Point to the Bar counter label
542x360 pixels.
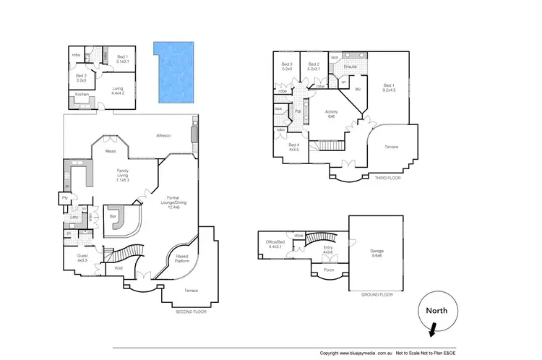click(113, 215)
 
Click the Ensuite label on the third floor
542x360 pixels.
click(351, 67)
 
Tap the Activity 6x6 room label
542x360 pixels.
click(332, 114)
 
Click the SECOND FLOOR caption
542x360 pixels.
click(192, 312)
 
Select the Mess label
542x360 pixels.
click(111, 151)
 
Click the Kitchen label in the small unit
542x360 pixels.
click(82, 95)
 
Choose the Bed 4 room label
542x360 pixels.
click(293, 147)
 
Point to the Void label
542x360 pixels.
click(119, 269)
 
